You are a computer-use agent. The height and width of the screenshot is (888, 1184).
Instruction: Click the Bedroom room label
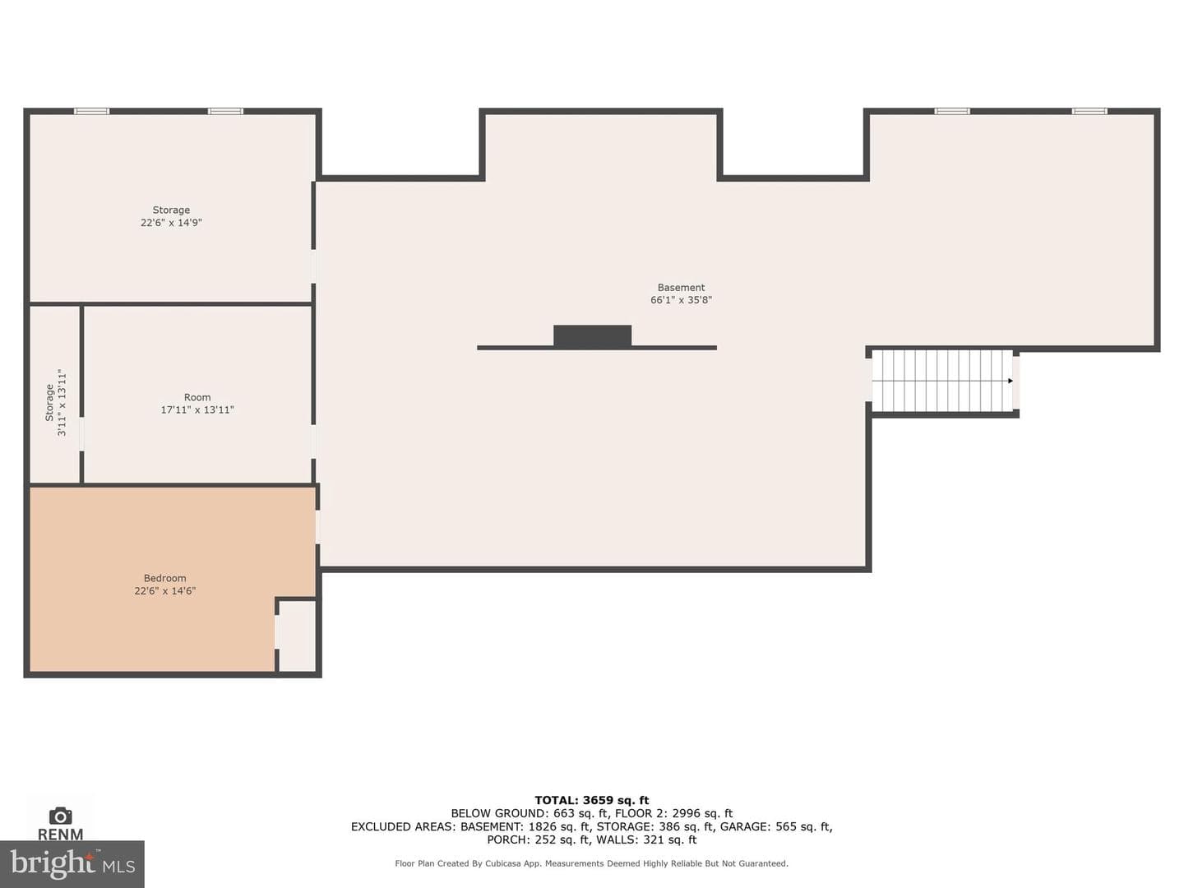tap(165, 578)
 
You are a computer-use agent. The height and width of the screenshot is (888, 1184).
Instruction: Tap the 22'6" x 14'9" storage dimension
tap(171, 223)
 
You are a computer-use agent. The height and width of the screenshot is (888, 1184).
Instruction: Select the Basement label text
tap(681, 288)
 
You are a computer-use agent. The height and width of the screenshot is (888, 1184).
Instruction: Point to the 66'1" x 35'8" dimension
tap(681, 300)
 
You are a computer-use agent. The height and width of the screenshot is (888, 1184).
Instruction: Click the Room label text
tap(197, 397)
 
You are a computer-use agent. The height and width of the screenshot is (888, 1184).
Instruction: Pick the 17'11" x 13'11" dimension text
tap(197, 409)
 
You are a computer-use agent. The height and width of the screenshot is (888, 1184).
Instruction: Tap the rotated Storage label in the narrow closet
tap(49, 403)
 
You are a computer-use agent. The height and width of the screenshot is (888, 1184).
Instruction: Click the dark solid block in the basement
tap(592, 335)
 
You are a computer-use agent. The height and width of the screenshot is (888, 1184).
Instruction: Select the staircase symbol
tap(941, 381)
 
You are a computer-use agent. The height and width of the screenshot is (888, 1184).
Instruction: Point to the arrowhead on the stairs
tap(1011, 382)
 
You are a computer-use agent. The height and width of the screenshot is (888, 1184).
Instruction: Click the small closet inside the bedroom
tap(297, 636)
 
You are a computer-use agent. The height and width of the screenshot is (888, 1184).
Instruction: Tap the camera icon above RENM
tap(60, 816)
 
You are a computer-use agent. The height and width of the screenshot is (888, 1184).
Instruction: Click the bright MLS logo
tap(72, 863)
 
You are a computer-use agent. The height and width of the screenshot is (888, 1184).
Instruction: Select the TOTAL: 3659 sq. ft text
tap(592, 800)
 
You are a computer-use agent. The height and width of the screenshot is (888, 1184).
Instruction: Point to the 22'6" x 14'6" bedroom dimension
tap(165, 591)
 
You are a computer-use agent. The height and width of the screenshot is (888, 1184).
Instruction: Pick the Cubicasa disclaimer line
tap(592, 863)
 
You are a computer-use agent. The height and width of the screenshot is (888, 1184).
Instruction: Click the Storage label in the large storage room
tap(171, 210)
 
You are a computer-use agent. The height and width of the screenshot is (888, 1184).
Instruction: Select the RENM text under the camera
tap(60, 834)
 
